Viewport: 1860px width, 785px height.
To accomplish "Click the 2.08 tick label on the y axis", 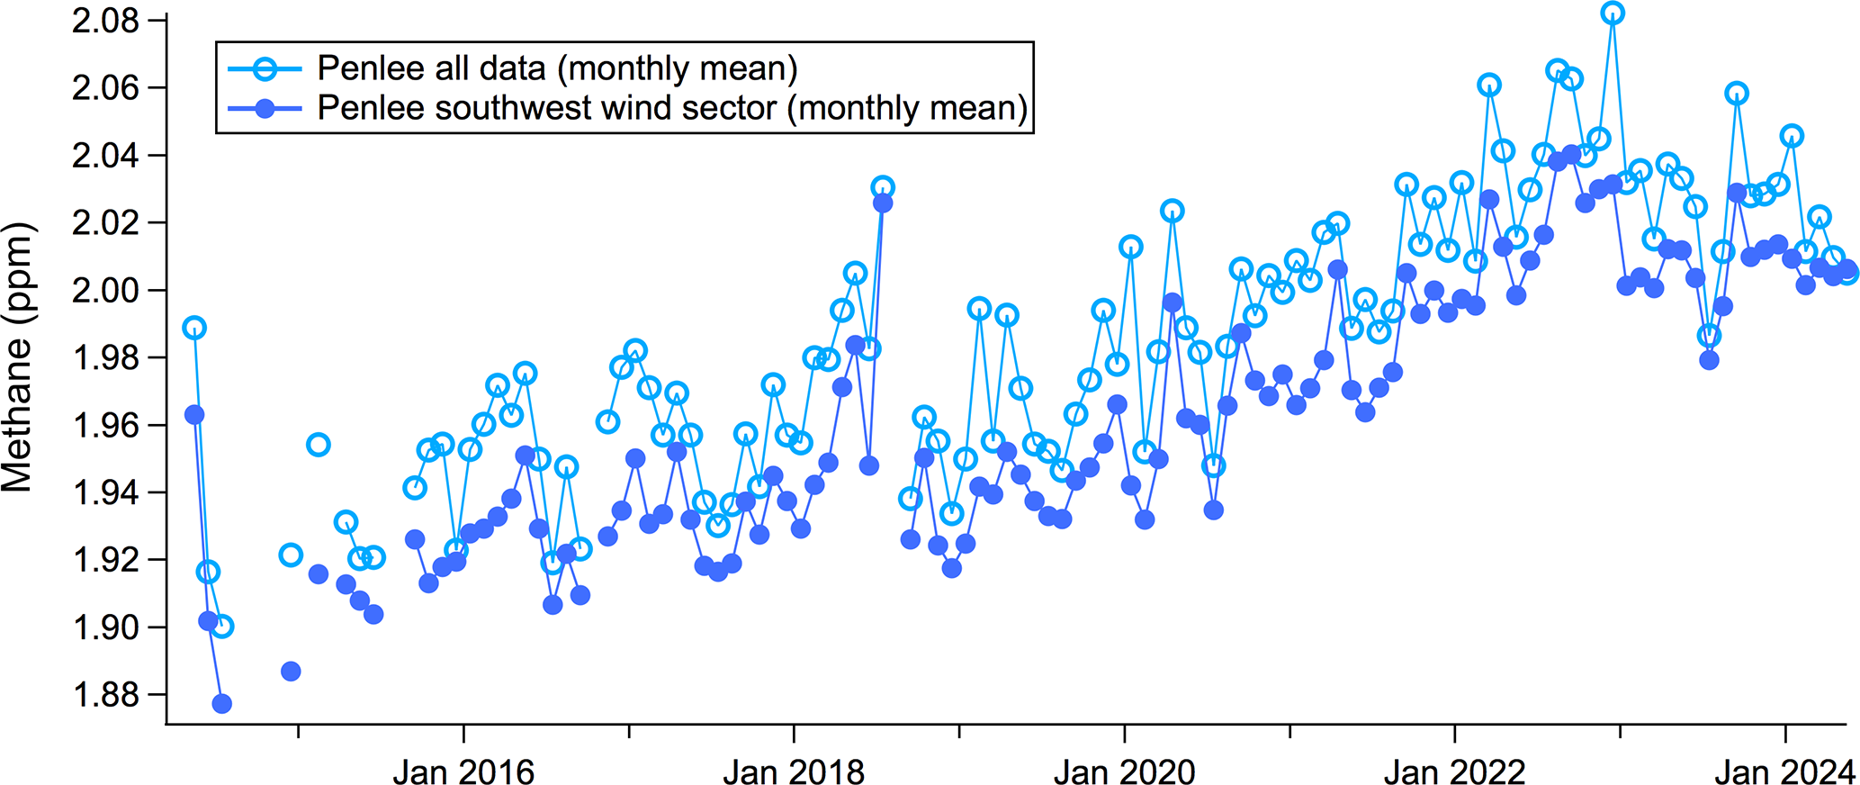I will pyautogui.click(x=105, y=21).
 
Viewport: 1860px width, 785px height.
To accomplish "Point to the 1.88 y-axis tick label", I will pyautogui.click(x=105, y=695).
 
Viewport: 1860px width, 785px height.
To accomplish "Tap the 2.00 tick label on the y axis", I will pyautogui.click(x=105, y=291).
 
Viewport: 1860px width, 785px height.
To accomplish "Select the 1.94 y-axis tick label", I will pyautogui.click(x=105, y=492).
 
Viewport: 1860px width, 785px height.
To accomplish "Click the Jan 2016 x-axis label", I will pyautogui.click(x=463, y=771).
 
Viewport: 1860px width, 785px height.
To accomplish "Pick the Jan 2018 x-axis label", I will pyautogui.click(x=794, y=771).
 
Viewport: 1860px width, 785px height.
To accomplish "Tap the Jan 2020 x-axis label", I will pyautogui.click(x=1124, y=771).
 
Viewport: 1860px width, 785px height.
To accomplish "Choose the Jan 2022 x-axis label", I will pyautogui.click(x=1454, y=771).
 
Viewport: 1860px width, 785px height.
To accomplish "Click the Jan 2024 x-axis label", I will pyautogui.click(x=1784, y=771).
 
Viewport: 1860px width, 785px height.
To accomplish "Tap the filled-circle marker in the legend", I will pyautogui.click(x=265, y=109).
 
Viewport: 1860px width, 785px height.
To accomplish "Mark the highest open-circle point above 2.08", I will pyautogui.click(x=1613, y=13).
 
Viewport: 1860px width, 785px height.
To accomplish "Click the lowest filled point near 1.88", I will pyautogui.click(x=221, y=703).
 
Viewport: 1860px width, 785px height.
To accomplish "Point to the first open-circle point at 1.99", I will pyautogui.click(x=194, y=328).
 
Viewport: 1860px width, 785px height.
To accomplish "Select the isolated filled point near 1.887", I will pyautogui.click(x=291, y=672).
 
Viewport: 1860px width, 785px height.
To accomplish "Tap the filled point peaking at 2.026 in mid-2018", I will pyautogui.click(x=883, y=203).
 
